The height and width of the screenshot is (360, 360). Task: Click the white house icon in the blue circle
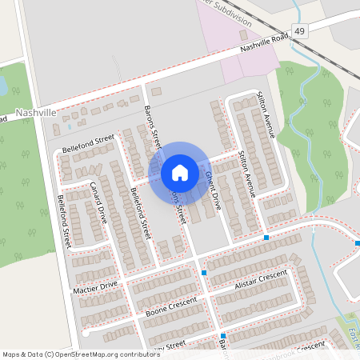[180, 173]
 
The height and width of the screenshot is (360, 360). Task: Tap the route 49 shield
[299, 31]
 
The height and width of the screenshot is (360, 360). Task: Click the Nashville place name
[35, 113]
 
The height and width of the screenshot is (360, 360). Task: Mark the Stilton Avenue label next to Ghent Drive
[247, 174]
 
